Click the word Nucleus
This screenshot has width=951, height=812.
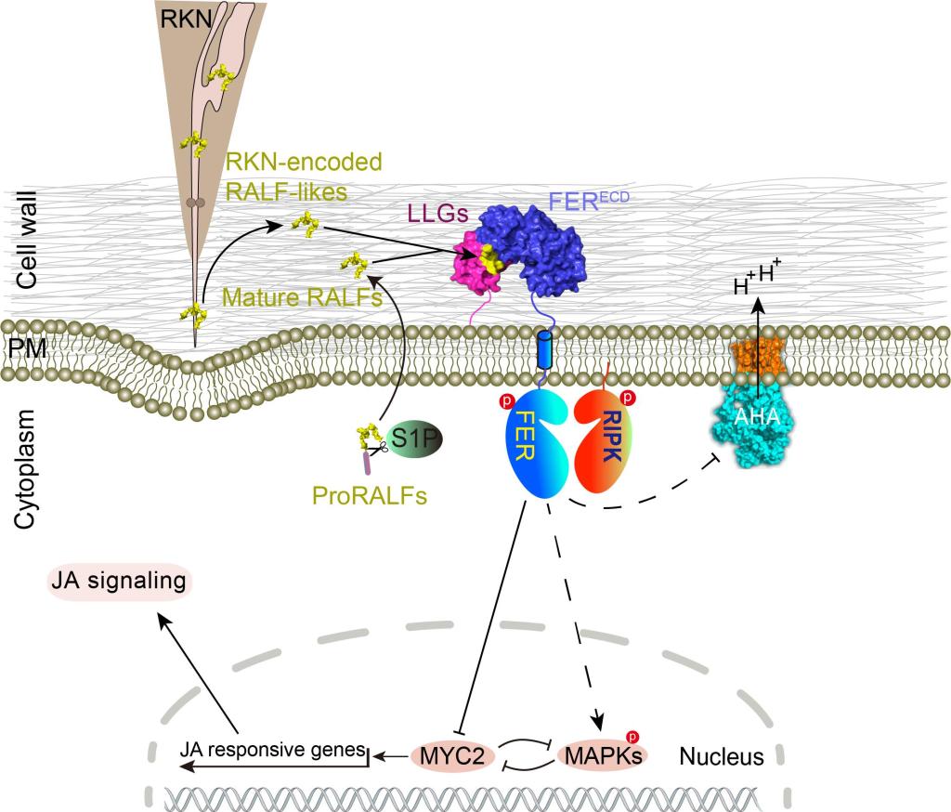(722, 757)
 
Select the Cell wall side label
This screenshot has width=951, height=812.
(27, 241)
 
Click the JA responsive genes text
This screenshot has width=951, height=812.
(273, 748)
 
